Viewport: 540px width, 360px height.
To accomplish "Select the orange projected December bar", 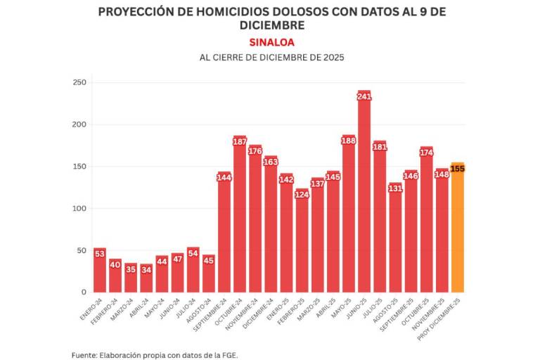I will pyautogui.click(x=457, y=232).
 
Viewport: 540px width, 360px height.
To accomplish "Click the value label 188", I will pyautogui.click(x=349, y=140).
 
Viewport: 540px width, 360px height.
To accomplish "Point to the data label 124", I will pyautogui.click(x=302, y=194).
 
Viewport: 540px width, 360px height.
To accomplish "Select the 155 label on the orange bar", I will pyautogui.click(x=457, y=168).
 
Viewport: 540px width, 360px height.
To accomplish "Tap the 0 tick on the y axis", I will pyautogui.click(x=83, y=292).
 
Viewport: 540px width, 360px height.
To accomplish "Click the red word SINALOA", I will pyautogui.click(x=271, y=41).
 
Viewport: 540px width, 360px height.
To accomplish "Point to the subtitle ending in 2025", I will pyautogui.click(x=271, y=58).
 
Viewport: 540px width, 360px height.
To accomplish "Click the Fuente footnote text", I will pyautogui.click(x=155, y=354).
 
